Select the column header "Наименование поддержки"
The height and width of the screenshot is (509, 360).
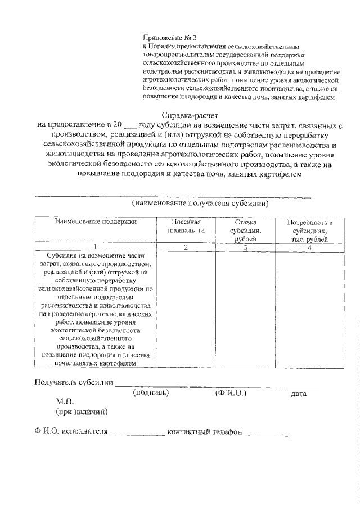(96, 222)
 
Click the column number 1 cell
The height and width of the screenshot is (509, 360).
(96, 247)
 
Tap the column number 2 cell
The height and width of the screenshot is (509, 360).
(186, 247)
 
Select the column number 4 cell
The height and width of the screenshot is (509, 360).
(309, 247)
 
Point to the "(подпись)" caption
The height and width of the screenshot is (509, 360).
(151, 393)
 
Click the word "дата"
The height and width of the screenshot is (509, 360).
(299, 394)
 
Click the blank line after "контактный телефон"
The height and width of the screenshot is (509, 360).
(268, 434)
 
